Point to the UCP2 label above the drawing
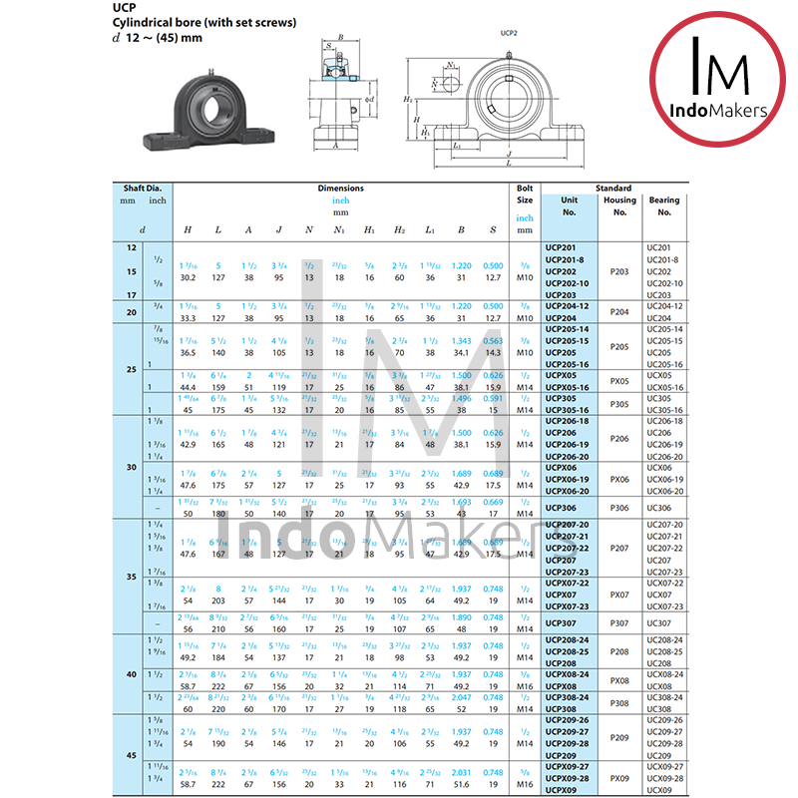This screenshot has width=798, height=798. pos(509,32)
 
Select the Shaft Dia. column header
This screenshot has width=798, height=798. pos(142,188)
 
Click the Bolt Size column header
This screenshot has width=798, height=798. pos(525,194)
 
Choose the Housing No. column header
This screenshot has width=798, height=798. pos(618,205)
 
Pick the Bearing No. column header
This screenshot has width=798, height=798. pos(664,205)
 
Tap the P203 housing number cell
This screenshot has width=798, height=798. pos(618,270)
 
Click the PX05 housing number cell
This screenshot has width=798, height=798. pos(618,380)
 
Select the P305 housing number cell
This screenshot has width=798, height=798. pos(618,403)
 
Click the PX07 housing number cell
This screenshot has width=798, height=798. pos(618,595)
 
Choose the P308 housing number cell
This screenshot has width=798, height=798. pos(618,703)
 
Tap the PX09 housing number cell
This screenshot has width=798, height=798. pos(618,778)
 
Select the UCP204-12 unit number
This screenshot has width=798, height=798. pos(568,306)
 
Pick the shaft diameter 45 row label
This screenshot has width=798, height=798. pos(131,754)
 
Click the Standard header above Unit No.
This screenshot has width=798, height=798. pos(613,188)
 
